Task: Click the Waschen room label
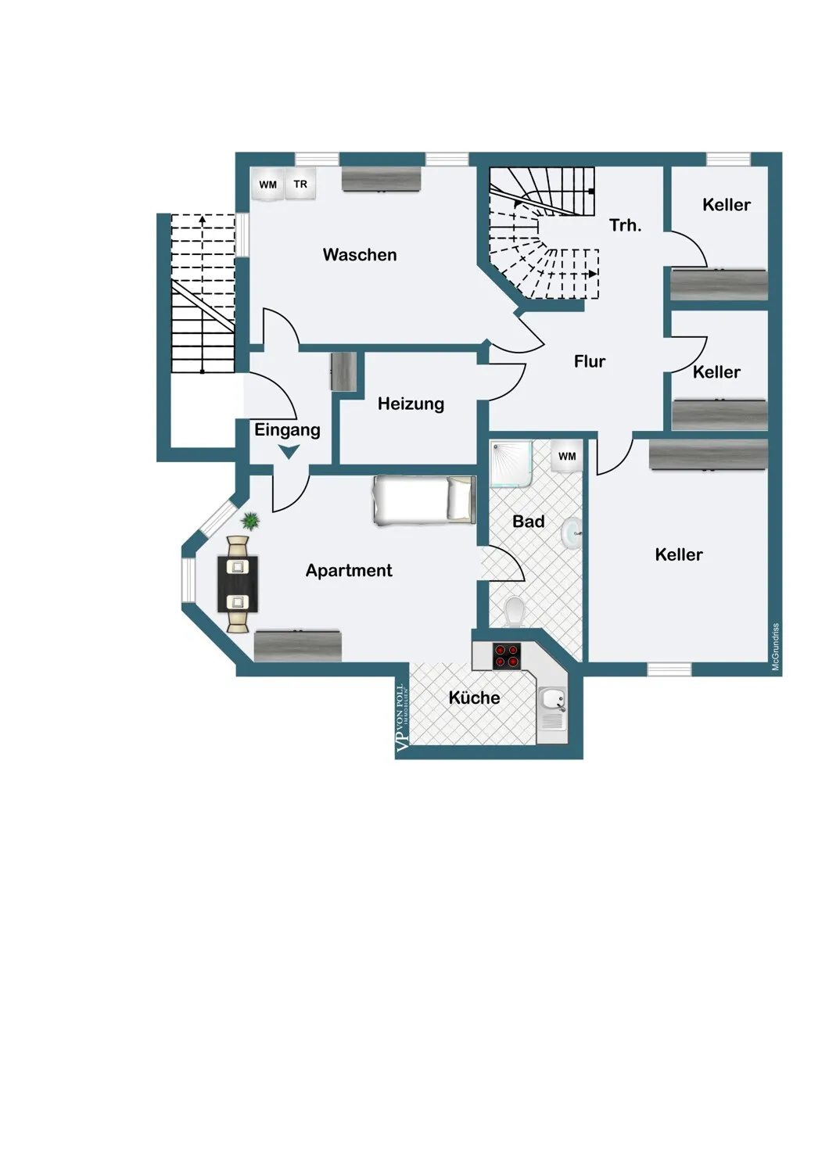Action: click(x=359, y=255)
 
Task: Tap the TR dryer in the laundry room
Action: click(x=300, y=185)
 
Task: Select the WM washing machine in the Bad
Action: click(x=567, y=456)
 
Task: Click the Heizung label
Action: click(x=411, y=404)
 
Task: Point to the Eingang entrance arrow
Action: click(x=289, y=451)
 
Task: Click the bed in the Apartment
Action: click(x=424, y=500)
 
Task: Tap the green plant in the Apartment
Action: click(x=251, y=521)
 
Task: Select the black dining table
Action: click(x=238, y=584)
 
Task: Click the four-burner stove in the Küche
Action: click(x=507, y=655)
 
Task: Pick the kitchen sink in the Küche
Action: click(x=553, y=708)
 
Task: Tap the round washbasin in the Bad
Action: click(x=572, y=533)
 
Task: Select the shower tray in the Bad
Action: click(x=511, y=464)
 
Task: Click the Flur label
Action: click(x=590, y=361)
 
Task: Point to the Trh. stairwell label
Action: click(x=626, y=225)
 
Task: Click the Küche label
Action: click(x=474, y=698)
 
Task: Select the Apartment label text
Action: click(x=349, y=570)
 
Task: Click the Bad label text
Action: click(x=529, y=521)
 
